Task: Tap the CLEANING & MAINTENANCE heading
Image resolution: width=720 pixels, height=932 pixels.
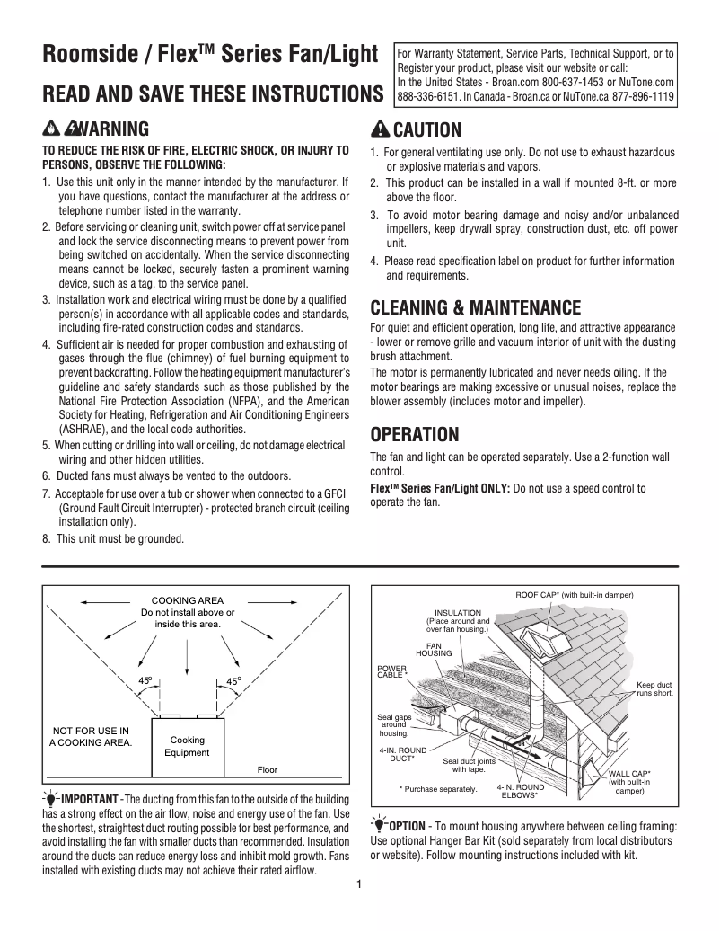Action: pos(476,308)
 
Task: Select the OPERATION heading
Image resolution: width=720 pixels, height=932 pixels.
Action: pos(415,435)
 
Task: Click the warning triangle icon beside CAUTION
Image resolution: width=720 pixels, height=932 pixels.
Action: pos(381,129)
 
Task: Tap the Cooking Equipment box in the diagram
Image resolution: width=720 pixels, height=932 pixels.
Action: pos(187,746)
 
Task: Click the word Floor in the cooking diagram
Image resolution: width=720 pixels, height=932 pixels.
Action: pos(268,769)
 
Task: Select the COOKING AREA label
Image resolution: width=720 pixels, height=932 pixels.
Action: pos(188,600)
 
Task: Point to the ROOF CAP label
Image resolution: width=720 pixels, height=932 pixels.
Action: pos(575,595)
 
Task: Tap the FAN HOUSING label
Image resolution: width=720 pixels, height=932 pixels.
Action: pos(434,649)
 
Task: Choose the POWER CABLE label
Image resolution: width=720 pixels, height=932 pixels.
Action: pos(392,671)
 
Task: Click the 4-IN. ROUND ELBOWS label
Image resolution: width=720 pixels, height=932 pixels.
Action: pos(520,791)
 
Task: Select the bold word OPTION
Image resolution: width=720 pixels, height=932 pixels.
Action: pos(407,826)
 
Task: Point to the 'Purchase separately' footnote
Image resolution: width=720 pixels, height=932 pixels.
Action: pos(439,789)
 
